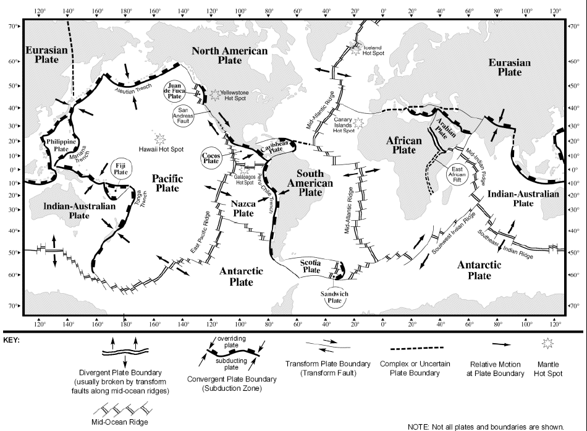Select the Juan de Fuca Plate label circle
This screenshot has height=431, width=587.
(x=175, y=91)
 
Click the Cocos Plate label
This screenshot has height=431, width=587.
(x=211, y=158)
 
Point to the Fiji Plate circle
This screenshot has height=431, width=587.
(x=120, y=168)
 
